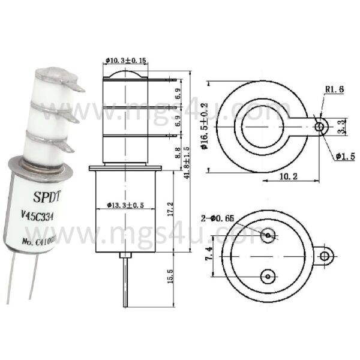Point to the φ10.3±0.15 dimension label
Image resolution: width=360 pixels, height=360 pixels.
[x=127, y=60]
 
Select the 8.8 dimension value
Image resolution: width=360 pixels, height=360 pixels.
[x=176, y=151]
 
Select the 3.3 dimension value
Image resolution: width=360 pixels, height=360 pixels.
[x=341, y=127]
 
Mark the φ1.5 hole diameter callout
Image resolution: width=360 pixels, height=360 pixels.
[x=344, y=157]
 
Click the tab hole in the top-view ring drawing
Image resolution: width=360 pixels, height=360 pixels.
[x=321, y=126]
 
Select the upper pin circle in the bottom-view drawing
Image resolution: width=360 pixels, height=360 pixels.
[x=268, y=236]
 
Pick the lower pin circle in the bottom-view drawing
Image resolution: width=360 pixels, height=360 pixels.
[x=268, y=275]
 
